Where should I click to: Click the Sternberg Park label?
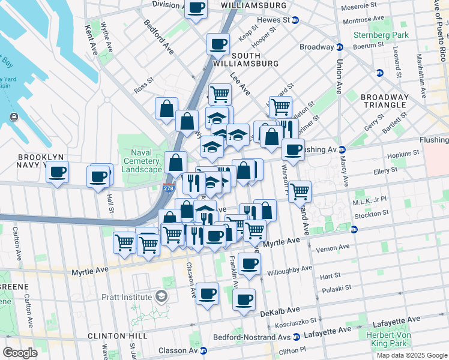coord(381,35)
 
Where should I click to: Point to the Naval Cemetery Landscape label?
coord(142,161)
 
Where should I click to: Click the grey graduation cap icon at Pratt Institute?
coord(161,296)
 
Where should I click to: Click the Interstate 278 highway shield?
coord(169,188)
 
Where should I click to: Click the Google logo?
coord(20,352)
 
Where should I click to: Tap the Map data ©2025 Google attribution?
coord(412,355)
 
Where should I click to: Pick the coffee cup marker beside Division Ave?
coord(196,8)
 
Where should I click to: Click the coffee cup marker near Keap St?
coord(218,44)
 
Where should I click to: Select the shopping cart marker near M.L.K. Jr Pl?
coord(300,192)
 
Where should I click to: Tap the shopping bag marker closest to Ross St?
coord(167,109)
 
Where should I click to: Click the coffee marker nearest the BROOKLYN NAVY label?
coord(57,172)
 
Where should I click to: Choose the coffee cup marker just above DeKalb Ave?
coord(244,299)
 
